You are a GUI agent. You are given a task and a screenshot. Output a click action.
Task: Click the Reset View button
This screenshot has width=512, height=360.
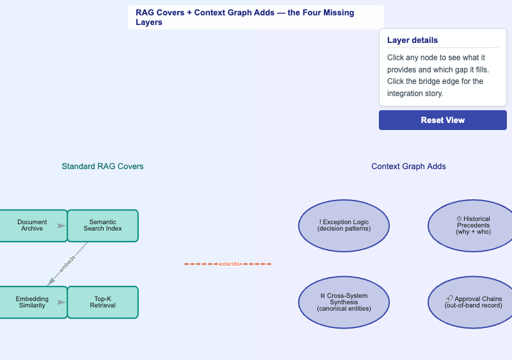point(442,120)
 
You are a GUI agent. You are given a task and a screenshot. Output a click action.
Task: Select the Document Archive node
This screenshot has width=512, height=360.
point(33,225)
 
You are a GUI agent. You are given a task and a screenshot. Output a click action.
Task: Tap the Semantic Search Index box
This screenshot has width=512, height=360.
point(103,225)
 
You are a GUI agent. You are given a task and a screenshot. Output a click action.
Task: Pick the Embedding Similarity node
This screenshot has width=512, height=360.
point(33,302)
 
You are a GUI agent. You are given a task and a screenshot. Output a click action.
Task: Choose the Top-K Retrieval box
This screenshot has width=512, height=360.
point(103,302)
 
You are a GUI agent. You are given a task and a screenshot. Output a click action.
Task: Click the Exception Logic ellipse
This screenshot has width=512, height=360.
point(344,225)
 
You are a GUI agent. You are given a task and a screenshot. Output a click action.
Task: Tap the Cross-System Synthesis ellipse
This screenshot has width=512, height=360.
point(344,302)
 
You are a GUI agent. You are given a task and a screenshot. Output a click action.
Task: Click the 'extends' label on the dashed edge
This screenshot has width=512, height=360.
point(229,264)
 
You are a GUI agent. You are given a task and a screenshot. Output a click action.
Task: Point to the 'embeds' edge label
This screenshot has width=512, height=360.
point(67,264)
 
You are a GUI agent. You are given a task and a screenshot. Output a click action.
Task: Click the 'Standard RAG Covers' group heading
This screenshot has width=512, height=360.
point(102,167)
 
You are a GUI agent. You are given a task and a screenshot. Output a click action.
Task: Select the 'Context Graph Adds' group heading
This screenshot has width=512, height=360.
point(408,167)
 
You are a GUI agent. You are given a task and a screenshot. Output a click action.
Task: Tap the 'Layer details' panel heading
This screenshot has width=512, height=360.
point(412,40)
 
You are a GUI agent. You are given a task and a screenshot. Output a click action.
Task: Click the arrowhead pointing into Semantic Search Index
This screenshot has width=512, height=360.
point(61,225)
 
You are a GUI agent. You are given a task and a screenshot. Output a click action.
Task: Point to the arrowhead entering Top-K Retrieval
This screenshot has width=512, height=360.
point(61,302)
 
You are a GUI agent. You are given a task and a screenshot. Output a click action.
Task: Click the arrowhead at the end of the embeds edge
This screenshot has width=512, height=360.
point(51,281)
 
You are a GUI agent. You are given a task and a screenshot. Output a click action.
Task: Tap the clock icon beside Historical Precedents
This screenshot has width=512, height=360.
point(459,219)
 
